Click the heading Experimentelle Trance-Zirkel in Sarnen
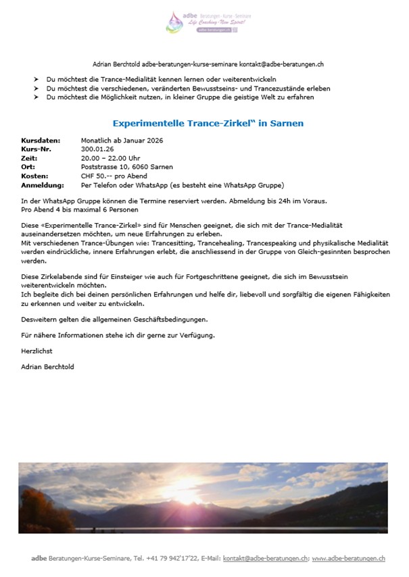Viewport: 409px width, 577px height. click(198, 124)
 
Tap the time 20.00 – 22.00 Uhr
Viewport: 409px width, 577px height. click(111, 158)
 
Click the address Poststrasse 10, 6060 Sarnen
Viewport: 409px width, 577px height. click(126, 167)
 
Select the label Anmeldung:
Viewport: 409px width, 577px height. click(42, 184)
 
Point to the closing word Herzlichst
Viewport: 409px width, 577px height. click(37, 351)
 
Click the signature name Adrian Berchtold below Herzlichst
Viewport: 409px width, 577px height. click(48, 367)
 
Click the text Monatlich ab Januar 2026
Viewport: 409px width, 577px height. click(122, 141)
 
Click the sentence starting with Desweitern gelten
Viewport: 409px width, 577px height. click(114, 319)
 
